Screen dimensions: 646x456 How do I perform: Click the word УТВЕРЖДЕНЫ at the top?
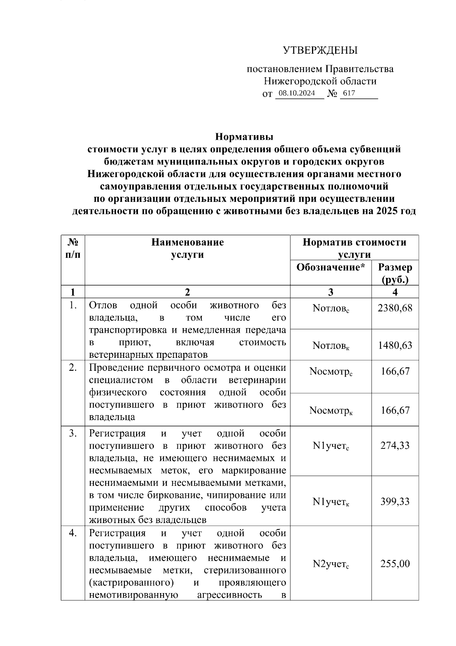point(320,50)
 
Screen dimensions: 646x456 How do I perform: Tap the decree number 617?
point(349,93)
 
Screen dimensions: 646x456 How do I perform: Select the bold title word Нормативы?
point(244,137)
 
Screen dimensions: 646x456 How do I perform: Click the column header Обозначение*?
point(331,267)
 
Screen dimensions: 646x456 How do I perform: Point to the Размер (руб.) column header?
point(395,273)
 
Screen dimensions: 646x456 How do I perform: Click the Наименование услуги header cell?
point(187,248)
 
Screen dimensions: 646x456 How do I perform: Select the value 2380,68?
point(395,308)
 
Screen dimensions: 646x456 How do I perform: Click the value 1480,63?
point(395,345)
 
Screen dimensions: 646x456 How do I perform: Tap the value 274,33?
point(395,445)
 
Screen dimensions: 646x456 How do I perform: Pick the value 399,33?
point(395,501)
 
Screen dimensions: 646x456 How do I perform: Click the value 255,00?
point(395,564)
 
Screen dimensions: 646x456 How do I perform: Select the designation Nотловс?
point(331,309)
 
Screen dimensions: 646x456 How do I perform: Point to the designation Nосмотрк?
point(331,411)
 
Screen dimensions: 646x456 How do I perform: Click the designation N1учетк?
point(331,502)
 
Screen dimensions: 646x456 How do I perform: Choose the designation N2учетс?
point(331,565)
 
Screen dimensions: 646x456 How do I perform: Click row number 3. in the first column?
point(73,434)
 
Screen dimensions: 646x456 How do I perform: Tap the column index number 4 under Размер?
point(395,292)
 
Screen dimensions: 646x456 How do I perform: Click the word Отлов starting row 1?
point(103,305)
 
